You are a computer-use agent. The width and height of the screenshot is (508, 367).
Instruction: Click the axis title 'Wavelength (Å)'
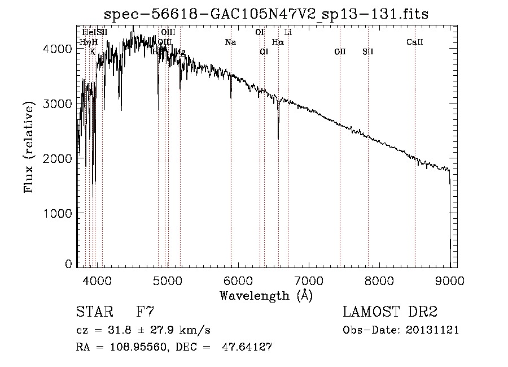(x=266, y=295)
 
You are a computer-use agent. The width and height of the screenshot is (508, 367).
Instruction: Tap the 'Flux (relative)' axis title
(x=29, y=146)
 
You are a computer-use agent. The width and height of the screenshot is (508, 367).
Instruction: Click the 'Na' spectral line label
(x=230, y=42)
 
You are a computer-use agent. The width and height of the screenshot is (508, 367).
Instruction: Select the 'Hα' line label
(x=278, y=42)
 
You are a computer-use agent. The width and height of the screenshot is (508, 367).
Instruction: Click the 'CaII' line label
(x=415, y=42)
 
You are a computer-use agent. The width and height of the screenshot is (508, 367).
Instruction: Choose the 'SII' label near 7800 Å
(x=368, y=51)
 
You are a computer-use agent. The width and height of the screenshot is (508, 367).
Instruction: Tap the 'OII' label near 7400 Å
(x=340, y=51)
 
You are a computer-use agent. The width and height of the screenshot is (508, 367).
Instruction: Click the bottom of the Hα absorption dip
(x=278, y=138)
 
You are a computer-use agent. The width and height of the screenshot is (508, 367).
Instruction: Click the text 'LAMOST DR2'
(x=390, y=312)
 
